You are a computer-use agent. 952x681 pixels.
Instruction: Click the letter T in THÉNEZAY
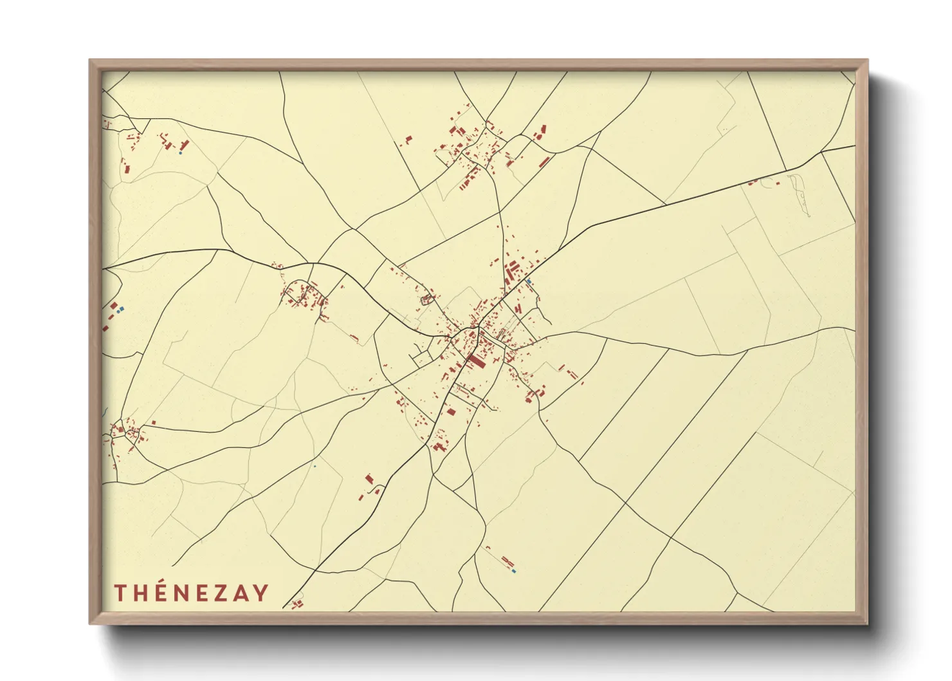pos(120,593)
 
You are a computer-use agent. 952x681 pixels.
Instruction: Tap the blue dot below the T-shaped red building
pos(180,153)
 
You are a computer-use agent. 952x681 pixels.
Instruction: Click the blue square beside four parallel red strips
pos(529,281)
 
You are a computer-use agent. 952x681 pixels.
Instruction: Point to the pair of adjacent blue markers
pos(120,310)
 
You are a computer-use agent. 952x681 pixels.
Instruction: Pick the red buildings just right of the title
pos(297,604)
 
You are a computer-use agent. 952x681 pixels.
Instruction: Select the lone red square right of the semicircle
pos(778,183)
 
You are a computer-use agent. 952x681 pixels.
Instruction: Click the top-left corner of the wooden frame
pos(90,61)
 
